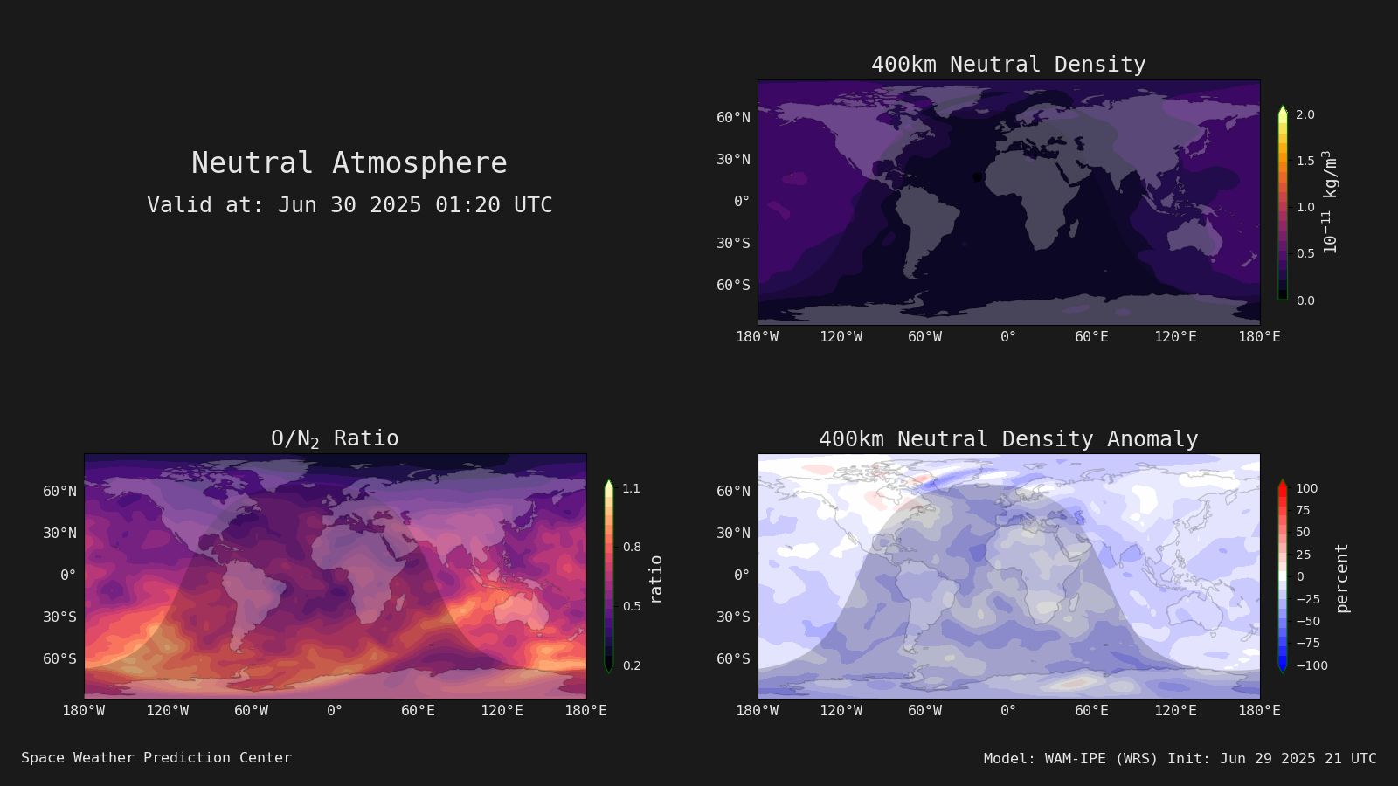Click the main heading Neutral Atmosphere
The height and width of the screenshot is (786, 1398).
[x=349, y=162]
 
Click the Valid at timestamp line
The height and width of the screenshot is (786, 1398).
[x=349, y=204]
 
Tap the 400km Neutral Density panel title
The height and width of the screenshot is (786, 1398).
[x=1008, y=65]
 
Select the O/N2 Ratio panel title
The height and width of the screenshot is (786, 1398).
[x=335, y=438]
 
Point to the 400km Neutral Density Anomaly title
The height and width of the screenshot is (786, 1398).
[x=1008, y=439]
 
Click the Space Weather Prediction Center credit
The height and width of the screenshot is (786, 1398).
[x=156, y=758]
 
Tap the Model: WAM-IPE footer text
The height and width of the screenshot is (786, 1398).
[x=1180, y=759]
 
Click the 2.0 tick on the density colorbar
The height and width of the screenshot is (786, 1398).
[x=1305, y=114]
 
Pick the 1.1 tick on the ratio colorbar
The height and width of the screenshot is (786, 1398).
[x=631, y=488]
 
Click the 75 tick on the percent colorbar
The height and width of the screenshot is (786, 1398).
[x=1303, y=510]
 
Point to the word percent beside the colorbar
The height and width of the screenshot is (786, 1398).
[x=1342, y=578]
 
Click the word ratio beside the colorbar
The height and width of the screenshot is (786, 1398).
[x=655, y=580]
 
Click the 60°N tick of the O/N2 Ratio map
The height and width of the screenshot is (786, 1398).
[x=60, y=492]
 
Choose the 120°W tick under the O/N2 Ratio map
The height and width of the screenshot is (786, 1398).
[x=167, y=711]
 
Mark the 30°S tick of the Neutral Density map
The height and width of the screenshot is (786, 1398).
[x=733, y=244]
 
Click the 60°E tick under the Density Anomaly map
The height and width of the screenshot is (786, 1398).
[x=1091, y=711]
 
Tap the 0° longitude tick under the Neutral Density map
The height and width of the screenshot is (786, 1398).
[x=1008, y=337]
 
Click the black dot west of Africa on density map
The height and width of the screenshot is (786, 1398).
[x=978, y=177]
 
